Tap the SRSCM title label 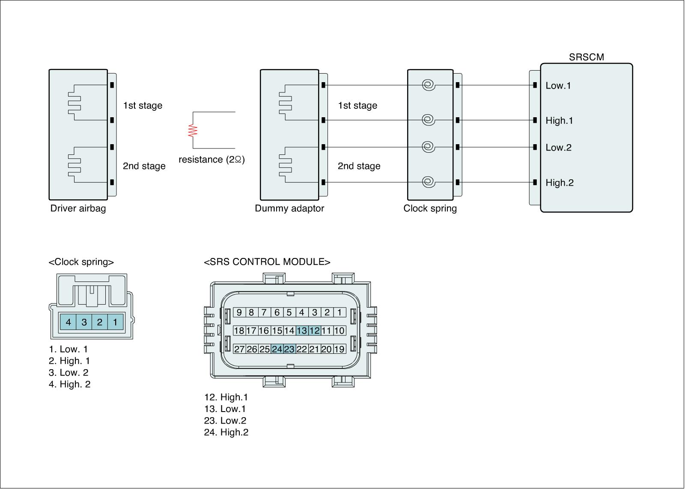586,57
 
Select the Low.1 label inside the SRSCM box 558,86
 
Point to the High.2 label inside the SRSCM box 559,183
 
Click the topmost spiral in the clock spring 428,85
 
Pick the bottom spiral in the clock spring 428,183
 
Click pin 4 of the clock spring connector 68,322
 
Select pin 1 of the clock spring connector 115,322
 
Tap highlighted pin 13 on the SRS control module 302,330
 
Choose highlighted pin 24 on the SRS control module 277,349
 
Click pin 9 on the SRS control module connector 239,312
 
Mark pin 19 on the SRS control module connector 339,349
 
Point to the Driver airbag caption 78,208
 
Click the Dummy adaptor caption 289,208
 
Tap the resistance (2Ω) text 211,160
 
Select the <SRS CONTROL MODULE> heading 267,262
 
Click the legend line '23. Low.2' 225,421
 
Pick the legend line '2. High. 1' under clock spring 69,361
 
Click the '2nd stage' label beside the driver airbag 144,166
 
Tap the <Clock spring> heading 81,262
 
